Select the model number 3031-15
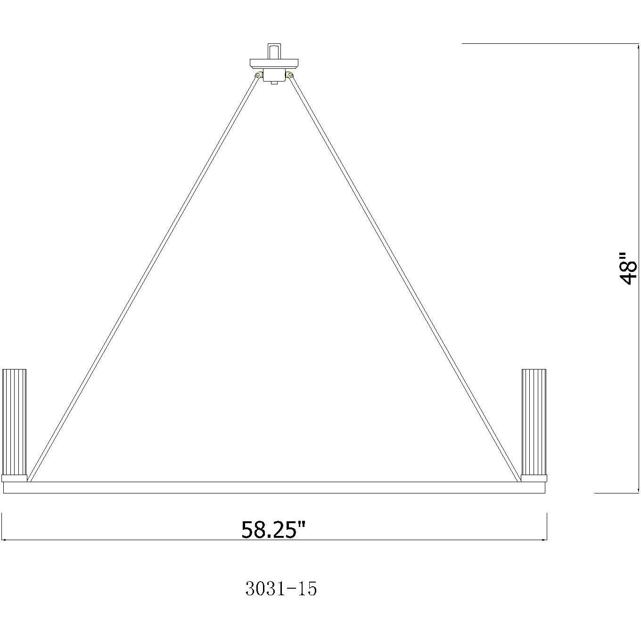[281, 589]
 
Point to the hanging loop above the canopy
[274, 50]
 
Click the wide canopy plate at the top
[274, 62]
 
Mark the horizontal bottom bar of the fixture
[274, 487]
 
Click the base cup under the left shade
[15, 478]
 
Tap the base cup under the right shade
[534, 478]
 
